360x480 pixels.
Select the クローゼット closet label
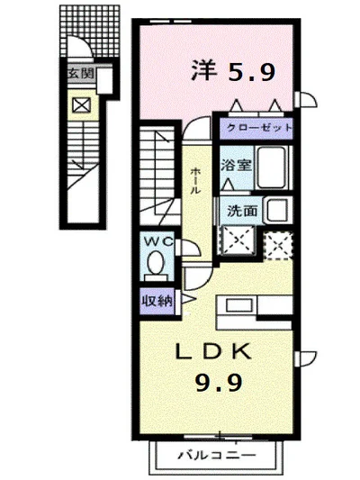click(259, 129)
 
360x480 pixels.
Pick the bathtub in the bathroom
click(273, 166)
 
